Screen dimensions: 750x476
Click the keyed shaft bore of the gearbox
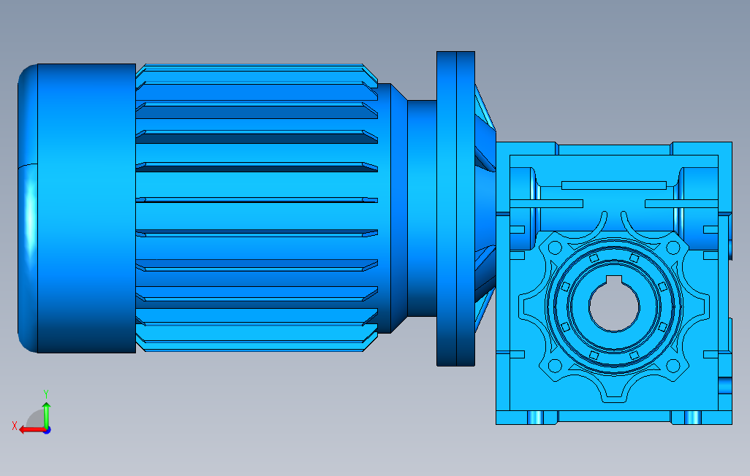click(614, 306)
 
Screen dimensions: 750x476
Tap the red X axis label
click(15, 426)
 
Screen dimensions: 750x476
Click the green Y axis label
click(46, 394)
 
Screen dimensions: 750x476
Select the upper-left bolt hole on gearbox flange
click(555, 248)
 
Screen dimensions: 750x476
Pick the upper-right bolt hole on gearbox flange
click(673, 248)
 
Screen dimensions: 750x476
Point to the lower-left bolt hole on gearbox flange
click(555, 366)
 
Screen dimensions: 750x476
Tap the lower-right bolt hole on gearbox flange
click(673, 366)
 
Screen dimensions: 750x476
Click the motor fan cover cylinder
click(86, 208)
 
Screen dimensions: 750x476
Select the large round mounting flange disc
click(455, 209)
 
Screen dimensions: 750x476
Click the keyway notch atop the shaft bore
click(614, 281)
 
